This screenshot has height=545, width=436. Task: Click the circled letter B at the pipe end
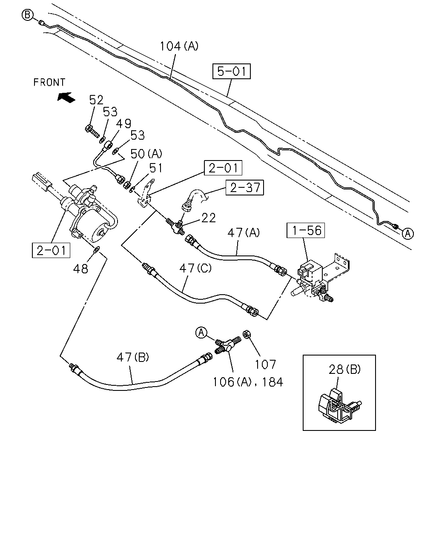[27, 15]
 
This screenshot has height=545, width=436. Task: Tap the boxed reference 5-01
[231, 71]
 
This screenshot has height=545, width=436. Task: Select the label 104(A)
[179, 46]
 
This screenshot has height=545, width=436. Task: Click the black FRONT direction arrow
[66, 98]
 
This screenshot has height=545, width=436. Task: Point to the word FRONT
[49, 82]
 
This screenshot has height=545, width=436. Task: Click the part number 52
[96, 100]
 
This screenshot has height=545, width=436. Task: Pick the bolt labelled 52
[92, 131]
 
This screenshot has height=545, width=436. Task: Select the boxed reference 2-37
[245, 187]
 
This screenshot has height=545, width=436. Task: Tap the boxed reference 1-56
[306, 230]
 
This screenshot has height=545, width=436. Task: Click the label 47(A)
[244, 232]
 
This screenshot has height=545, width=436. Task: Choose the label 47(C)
[195, 268]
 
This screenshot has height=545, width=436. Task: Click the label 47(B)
[133, 357]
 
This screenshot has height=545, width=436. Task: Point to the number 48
[80, 269]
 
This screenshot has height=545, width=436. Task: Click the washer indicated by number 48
[97, 250]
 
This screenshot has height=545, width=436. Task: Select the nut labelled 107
[246, 335]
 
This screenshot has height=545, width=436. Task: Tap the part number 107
[265, 364]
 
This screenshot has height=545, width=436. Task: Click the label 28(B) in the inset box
[344, 370]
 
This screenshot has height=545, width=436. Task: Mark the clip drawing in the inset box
[339, 406]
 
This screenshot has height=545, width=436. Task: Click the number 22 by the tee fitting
[209, 218]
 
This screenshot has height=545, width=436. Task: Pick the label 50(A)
[146, 154]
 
